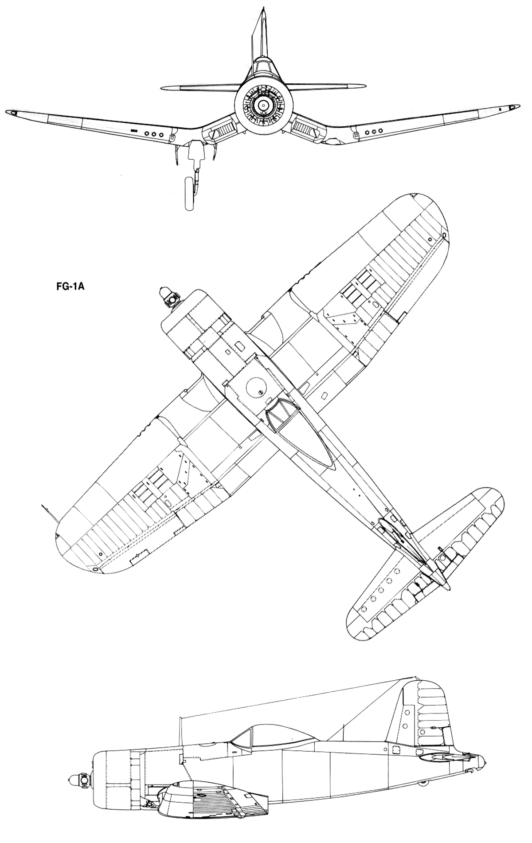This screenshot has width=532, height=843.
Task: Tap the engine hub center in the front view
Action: pos(262,105)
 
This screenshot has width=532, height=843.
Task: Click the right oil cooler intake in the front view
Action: pos(302,129)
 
